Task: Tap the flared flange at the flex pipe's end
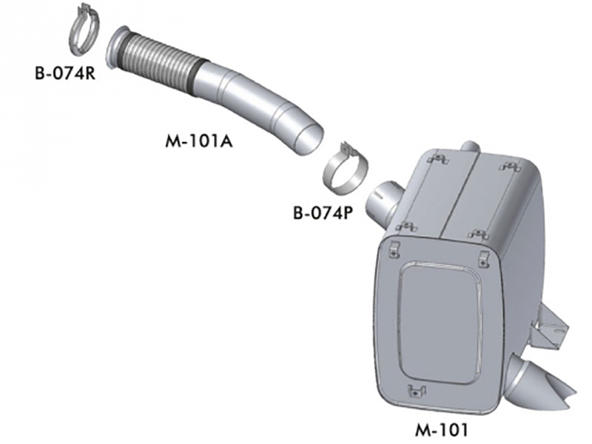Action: tap(118, 48)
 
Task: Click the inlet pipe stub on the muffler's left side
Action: tap(385, 198)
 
